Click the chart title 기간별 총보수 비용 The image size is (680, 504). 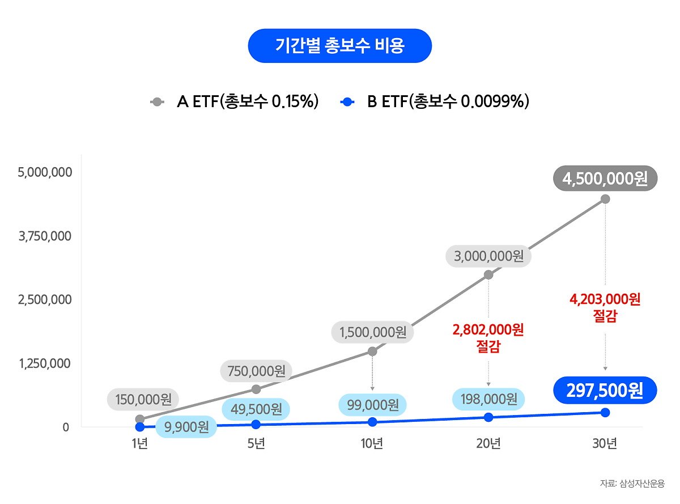pos(339,45)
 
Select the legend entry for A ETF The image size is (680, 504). pos(235,102)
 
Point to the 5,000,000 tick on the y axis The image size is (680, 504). pos(45,172)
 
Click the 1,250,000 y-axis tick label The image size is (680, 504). pos(45,363)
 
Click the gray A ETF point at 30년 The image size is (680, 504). pos(605,199)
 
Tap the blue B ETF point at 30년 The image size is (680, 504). pos(605,412)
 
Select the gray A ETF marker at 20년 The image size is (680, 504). pos(488,275)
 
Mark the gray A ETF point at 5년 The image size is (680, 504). pos(256,389)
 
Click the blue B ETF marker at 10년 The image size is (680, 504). pos(372,422)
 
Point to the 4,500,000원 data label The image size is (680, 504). pos(605,179)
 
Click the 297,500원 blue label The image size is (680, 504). pos(605,390)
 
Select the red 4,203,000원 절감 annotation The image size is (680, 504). pos(605,307)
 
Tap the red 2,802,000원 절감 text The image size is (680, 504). pos(488,337)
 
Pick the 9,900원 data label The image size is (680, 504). pos(186,427)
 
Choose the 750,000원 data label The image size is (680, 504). pos(256,371)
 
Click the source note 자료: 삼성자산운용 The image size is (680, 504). pos(632,484)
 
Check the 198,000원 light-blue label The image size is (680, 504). pos(488,399)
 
